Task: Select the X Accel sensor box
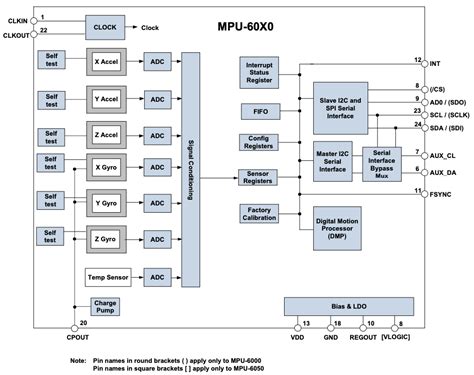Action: (x=107, y=62)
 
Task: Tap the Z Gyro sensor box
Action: (x=107, y=240)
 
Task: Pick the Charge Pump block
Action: (x=106, y=307)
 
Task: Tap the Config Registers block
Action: (x=258, y=143)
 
